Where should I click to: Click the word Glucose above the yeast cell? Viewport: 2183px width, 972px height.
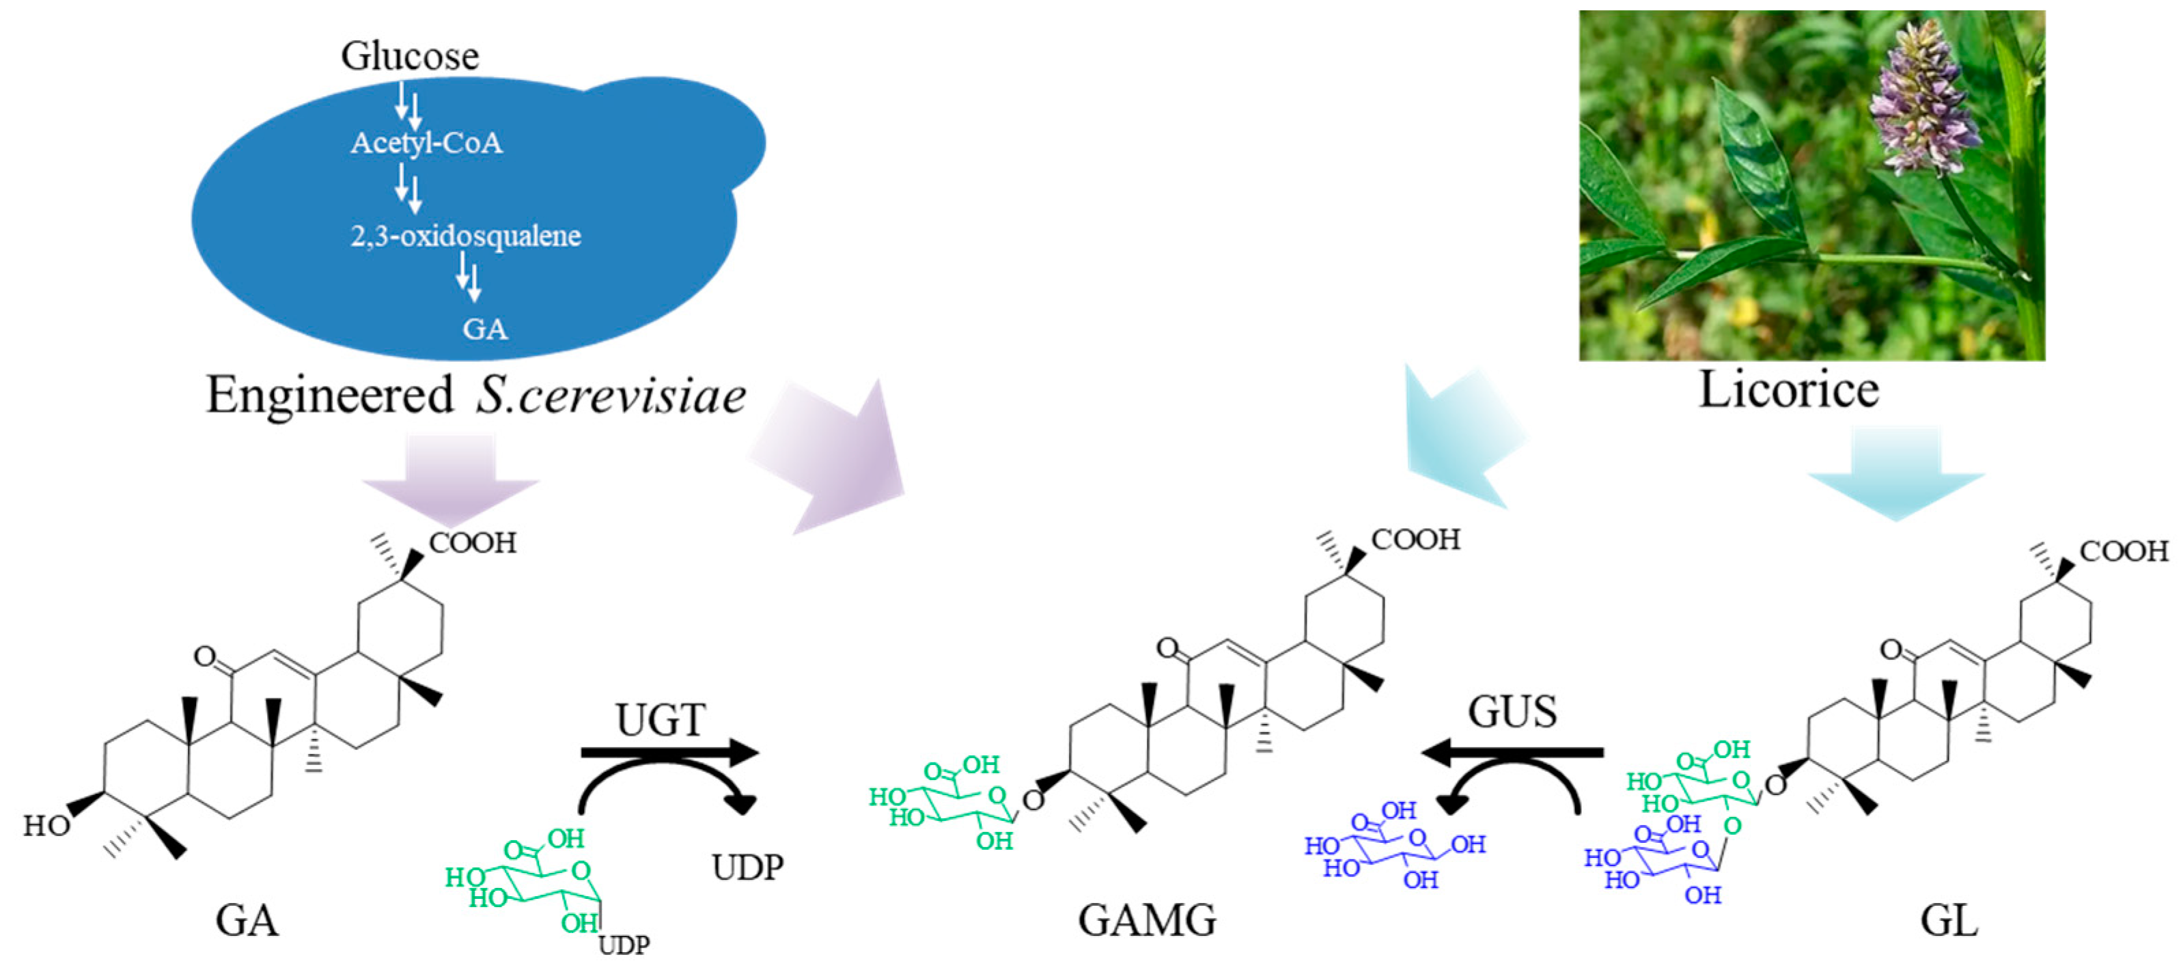[x=409, y=56]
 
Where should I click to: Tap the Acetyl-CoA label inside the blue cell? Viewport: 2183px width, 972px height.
[x=426, y=142]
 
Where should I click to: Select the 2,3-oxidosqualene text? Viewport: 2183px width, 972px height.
[x=465, y=235]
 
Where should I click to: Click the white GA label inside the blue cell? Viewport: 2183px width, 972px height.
[x=485, y=328]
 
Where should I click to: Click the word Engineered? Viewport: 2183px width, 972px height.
[x=330, y=395]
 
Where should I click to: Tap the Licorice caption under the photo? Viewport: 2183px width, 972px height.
[x=1789, y=390]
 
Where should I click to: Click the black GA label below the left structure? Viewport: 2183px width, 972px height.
[x=247, y=919]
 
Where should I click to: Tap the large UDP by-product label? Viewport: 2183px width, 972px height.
[x=747, y=867]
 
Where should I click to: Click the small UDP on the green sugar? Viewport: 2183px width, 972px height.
[x=624, y=944]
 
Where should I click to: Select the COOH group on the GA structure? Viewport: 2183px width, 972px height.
[x=472, y=542]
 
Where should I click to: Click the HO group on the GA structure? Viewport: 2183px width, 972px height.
[x=46, y=825]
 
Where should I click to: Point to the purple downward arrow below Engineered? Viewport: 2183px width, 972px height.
[x=451, y=476]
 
